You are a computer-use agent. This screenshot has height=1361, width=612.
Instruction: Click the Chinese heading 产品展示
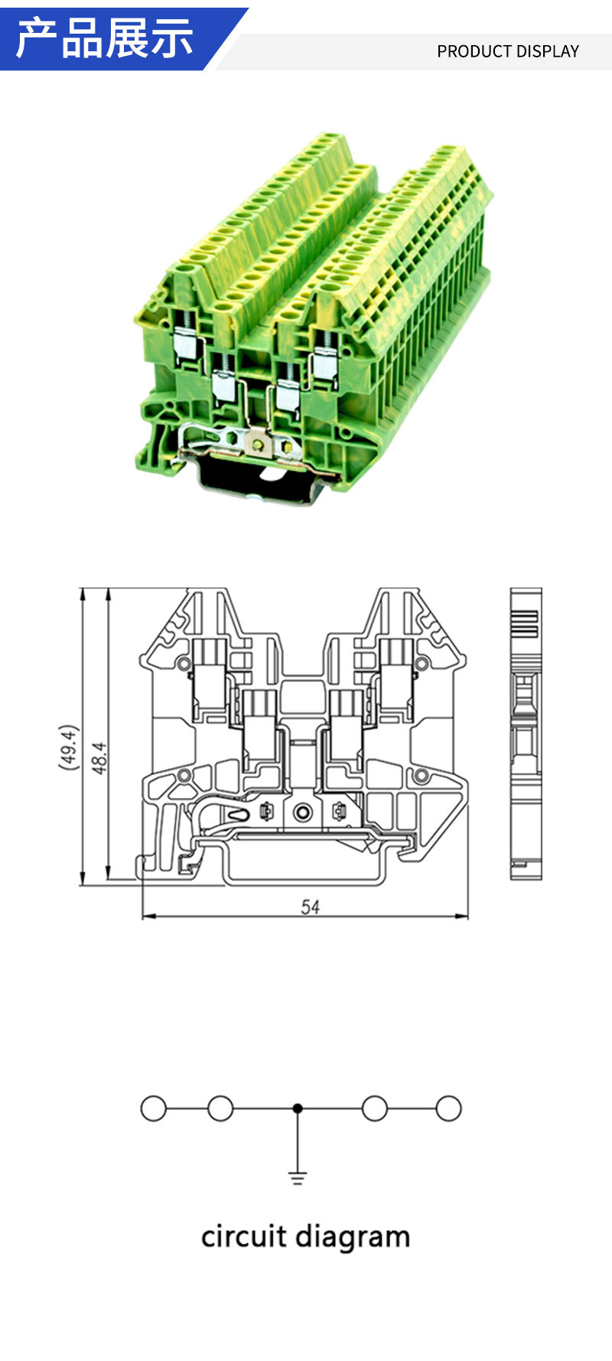tap(104, 38)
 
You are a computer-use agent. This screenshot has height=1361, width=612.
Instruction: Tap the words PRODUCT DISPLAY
tap(508, 51)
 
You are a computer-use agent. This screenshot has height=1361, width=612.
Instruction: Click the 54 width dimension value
tap(310, 907)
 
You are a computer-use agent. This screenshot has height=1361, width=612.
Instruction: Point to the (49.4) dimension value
tap(69, 747)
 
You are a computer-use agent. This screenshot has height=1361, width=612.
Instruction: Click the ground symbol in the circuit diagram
tap(298, 1177)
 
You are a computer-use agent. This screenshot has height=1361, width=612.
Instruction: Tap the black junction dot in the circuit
tap(298, 1108)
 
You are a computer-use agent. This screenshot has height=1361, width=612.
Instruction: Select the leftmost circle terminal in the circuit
tap(154, 1109)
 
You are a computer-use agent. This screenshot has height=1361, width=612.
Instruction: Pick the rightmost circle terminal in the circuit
tap(448, 1109)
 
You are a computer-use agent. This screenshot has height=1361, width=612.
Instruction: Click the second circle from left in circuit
tap(220, 1109)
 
